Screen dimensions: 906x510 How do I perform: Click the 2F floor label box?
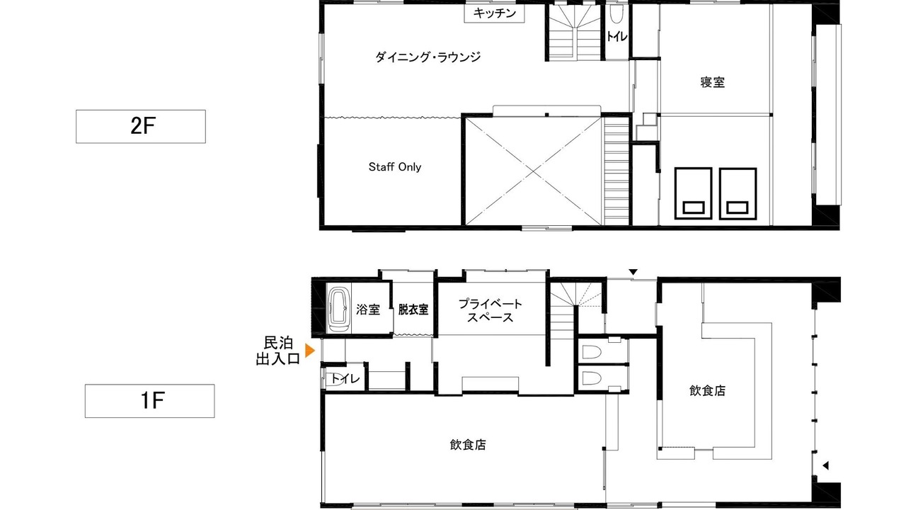(141, 126)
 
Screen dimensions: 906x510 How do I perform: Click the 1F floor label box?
(149, 401)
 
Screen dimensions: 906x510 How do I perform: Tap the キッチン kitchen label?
(494, 13)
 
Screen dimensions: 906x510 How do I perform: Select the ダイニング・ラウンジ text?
(428, 57)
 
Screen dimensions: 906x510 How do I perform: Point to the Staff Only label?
(395, 166)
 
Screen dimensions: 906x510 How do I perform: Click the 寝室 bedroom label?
(713, 82)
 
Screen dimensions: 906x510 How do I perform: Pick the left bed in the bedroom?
(693, 193)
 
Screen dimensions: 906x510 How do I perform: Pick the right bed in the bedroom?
(738, 193)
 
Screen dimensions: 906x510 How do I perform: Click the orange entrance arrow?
(310, 351)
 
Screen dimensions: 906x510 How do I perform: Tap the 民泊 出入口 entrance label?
(278, 351)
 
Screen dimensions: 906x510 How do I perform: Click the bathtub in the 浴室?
(338, 310)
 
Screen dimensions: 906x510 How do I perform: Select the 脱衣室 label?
(413, 310)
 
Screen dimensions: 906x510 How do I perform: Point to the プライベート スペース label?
(491, 310)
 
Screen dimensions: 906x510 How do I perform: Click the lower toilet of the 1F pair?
(591, 378)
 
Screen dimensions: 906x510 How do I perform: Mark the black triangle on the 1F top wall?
(633, 272)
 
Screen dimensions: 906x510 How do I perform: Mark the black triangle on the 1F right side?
(825, 465)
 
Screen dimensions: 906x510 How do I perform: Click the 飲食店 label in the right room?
(707, 390)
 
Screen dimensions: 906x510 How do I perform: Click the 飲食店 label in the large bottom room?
(468, 445)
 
